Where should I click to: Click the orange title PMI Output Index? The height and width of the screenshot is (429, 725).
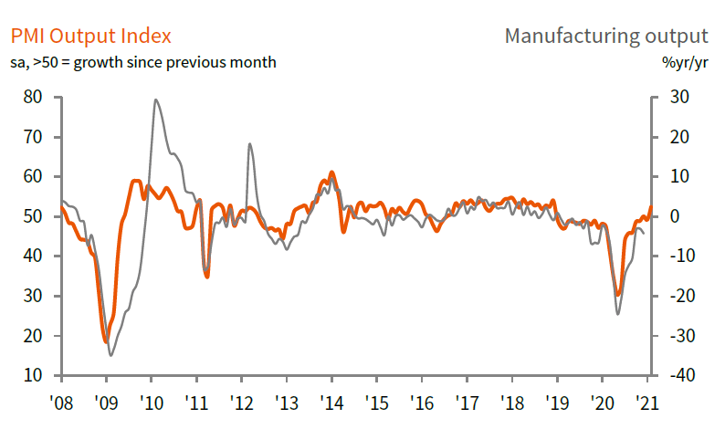click(90, 37)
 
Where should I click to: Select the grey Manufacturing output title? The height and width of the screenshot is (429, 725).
click(605, 37)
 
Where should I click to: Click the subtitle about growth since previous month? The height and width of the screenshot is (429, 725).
click(143, 62)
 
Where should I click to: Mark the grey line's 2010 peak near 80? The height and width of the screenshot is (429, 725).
click(156, 99)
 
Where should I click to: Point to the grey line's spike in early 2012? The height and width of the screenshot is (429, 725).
click(249, 144)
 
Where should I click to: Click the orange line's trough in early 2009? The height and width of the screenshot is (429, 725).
click(106, 342)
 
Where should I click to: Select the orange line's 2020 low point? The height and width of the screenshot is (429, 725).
click(618, 295)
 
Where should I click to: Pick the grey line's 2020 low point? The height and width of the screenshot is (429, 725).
click(618, 314)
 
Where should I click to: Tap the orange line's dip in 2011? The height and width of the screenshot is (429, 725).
click(207, 276)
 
